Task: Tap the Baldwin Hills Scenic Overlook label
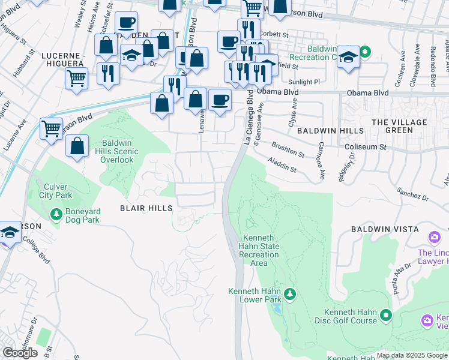(x=112, y=151)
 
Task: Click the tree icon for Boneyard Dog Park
(x=56, y=214)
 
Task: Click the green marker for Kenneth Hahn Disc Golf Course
(x=385, y=314)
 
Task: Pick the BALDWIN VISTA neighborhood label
(x=384, y=229)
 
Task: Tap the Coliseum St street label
(x=365, y=146)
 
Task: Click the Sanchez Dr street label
(x=412, y=197)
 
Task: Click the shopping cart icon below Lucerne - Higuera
(x=77, y=78)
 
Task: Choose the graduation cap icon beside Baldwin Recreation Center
(x=348, y=58)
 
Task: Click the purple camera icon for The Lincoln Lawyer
(x=435, y=239)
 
